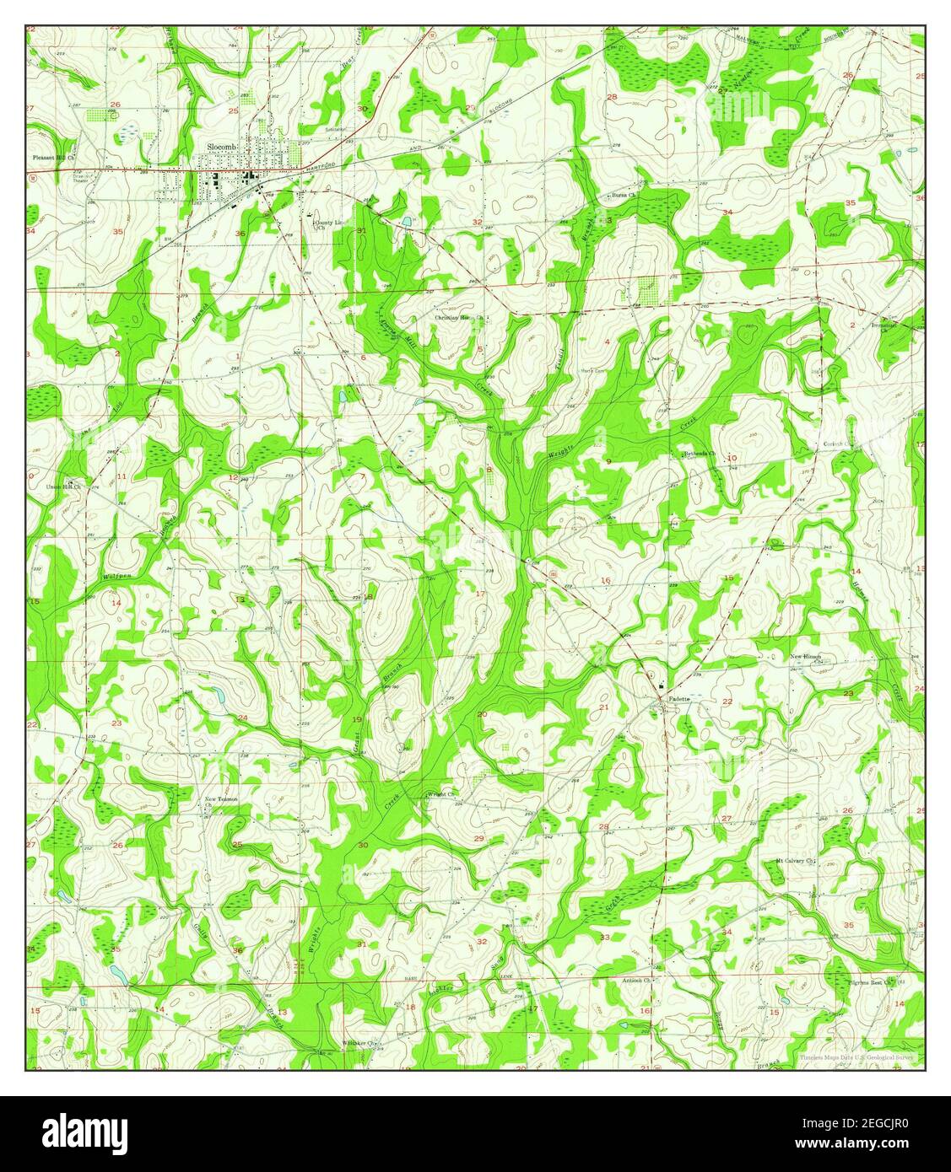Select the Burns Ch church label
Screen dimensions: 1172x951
click(623, 196)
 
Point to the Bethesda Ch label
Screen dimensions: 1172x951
click(700, 454)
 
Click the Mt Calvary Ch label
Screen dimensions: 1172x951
click(796, 861)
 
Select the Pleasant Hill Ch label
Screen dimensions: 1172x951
click(54, 158)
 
